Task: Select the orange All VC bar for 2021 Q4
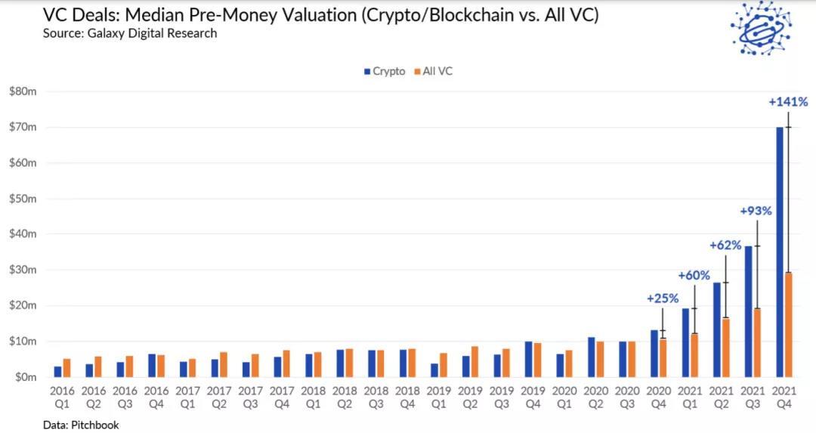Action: pos(788,324)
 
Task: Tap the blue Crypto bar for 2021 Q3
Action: pos(748,311)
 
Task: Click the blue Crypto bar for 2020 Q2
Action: pos(592,357)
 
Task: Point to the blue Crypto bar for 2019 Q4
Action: pos(529,359)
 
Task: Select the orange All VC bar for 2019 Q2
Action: pos(475,361)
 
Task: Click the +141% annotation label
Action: pos(788,102)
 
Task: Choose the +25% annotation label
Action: pos(663,298)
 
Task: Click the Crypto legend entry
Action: pos(384,71)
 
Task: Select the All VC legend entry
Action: pos(432,71)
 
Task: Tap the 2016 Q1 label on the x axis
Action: pos(61,397)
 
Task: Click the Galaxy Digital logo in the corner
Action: pos(761,29)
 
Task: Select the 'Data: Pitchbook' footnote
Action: pos(80,425)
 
